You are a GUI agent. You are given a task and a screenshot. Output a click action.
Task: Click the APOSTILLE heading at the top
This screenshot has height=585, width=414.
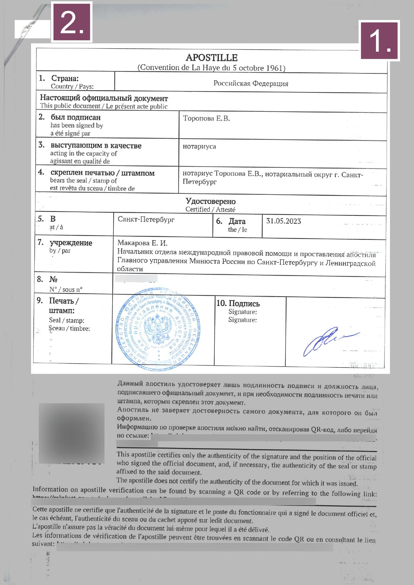click(x=211, y=57)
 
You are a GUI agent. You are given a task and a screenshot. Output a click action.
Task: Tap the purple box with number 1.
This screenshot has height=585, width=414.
click(x=380, y=40)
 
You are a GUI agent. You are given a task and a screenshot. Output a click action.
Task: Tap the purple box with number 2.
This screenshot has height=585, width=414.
click(x=71, y=22)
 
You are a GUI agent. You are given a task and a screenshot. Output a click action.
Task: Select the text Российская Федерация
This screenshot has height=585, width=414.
click(x=251, y=83)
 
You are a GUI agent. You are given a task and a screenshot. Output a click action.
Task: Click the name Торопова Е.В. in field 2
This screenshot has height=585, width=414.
click(x=206, y=118)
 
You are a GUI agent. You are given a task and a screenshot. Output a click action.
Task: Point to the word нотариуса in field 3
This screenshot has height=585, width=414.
click(x=199, y=146)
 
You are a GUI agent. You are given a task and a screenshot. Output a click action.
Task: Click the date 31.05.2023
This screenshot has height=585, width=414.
click(x=283, y=221)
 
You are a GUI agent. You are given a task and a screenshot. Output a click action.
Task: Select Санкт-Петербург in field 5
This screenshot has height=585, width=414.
click(x=146, y=219)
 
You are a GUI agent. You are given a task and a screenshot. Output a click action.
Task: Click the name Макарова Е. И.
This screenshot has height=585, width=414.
click(x=142, y=243)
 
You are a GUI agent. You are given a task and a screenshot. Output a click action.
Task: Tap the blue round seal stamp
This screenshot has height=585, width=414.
click(x=158, y=329)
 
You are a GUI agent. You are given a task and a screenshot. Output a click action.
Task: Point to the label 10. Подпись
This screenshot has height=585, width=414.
click(x=238, y=303)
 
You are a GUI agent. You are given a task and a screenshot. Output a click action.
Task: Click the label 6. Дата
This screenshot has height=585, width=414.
click(x=231, y=221)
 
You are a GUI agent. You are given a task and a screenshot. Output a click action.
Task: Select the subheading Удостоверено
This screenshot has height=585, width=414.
click(x=211, y=201)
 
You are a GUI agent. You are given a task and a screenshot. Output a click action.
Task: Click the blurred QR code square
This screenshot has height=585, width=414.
click(x=71, y=433)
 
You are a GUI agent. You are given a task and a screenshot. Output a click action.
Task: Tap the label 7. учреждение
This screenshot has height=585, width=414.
click(x=65, y=243)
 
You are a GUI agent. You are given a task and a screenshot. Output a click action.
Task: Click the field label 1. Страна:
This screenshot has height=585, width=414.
click(x=59, y=78)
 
